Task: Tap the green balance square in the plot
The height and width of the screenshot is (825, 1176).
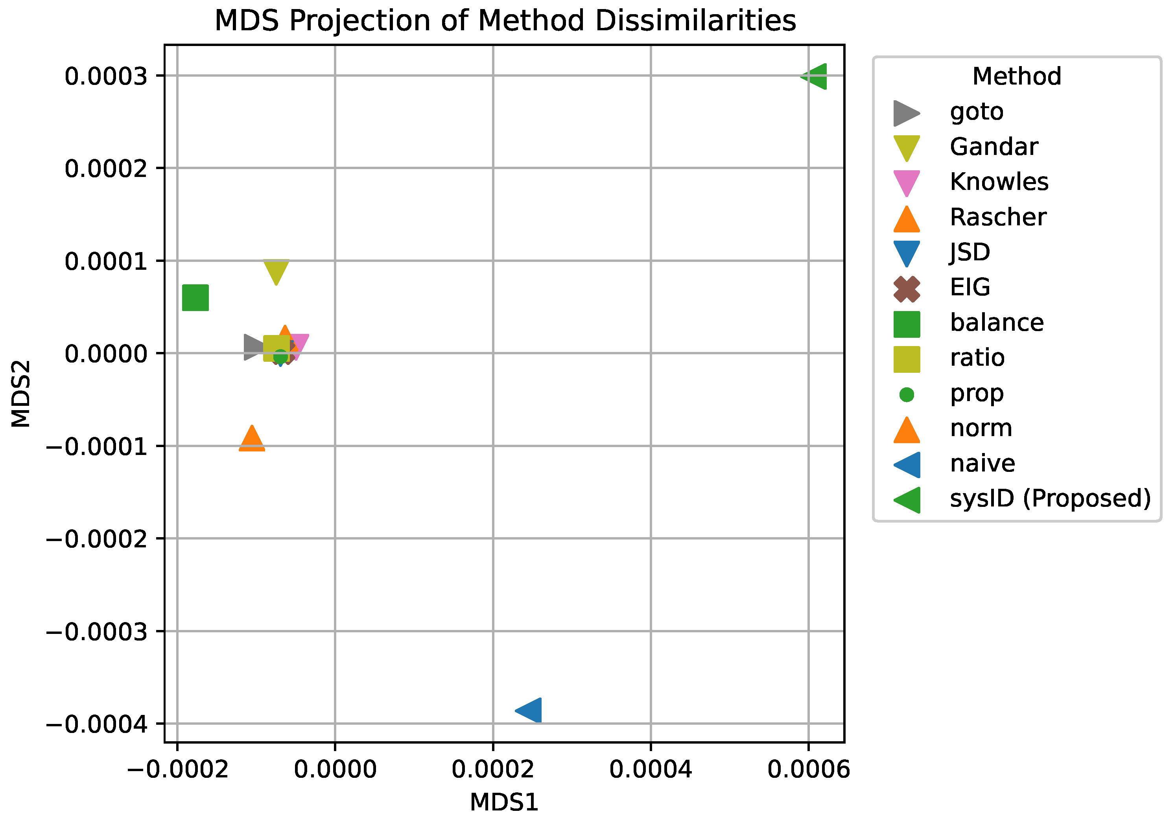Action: (x=195, y=298)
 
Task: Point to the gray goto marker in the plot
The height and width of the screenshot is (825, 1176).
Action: (x=253, y=348)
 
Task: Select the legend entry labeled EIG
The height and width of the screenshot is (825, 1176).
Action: (x=970, y=287)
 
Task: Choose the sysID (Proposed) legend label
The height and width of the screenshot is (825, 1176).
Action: (x=1050, y=498)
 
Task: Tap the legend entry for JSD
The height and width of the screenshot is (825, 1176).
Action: (x=970, y=252)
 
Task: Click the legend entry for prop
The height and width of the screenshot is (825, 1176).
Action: (x=976, y=393)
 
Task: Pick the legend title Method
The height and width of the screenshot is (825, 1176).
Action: (x=1016, y=77)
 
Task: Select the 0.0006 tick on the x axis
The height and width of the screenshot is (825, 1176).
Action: (x=808, y=770)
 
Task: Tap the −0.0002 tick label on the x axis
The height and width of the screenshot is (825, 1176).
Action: (x=177, y=770)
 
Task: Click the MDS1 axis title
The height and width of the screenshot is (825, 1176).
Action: (x=504, y=803)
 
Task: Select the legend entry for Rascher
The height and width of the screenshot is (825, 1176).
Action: (x=997, y=217)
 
